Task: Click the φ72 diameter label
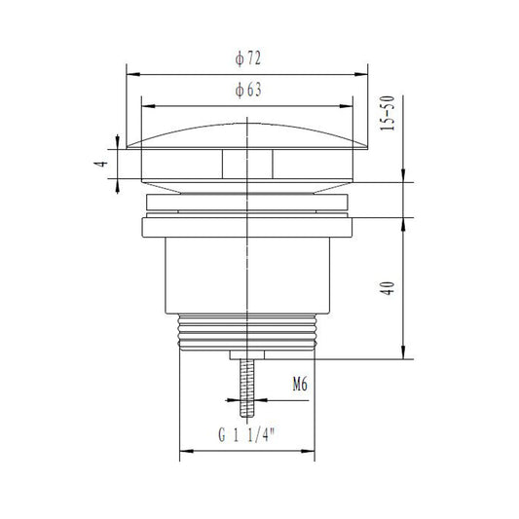point(248,58)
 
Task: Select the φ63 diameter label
point(248,90)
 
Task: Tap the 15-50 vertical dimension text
point(388,113)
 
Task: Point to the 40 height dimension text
point(388,288)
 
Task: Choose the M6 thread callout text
point(300,385)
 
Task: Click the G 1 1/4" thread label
point(247,434)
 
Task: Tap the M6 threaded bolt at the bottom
point(247,388)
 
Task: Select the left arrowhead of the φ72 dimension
point(133,74)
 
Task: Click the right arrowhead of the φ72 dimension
point(361,74)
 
